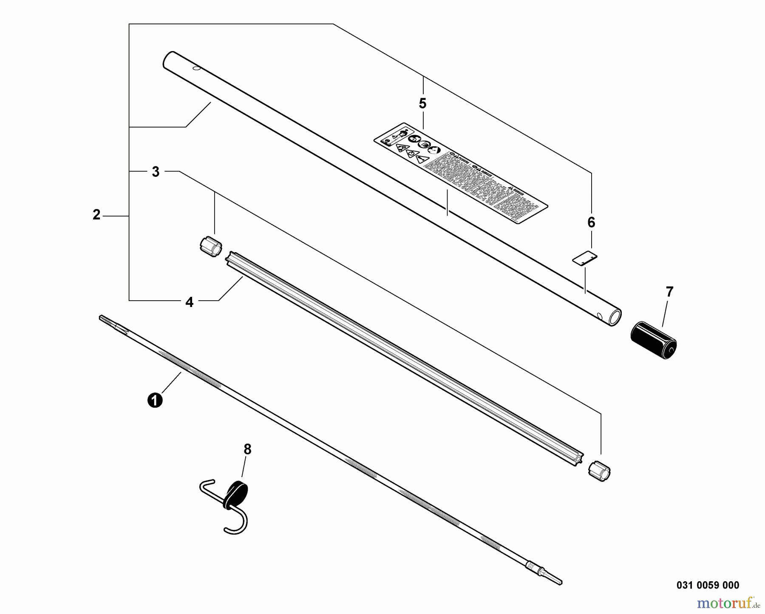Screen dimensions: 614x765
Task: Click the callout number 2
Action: [x=96, y=215]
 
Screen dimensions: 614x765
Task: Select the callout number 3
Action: [x=156, y=172]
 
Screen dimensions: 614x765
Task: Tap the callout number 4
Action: [x=189, y=302]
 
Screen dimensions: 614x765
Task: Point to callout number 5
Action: [x=422, y=103]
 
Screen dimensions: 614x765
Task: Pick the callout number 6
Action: [x=591, y=222]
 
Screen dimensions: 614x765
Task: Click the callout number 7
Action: [x=669, y=292]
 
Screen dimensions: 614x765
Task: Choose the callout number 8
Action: [x=247, y=449]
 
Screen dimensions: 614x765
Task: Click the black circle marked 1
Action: [x=155, y=401]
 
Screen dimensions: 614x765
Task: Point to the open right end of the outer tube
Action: [x=615, y=318]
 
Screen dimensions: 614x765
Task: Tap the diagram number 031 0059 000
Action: [x=708, y=586]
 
